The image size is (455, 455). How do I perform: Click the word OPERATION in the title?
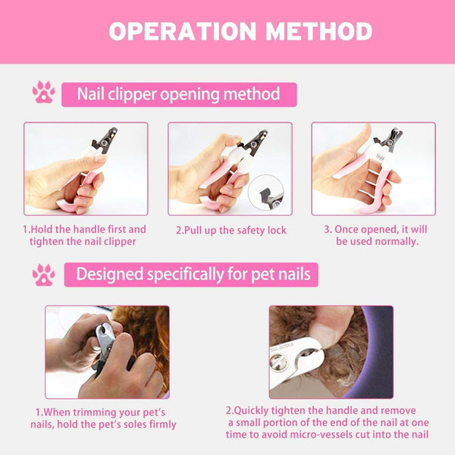[x=175, y=31]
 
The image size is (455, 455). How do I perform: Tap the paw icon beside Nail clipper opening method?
[x=43, y=93]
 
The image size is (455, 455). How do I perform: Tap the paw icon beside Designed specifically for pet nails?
[x=43, y=275]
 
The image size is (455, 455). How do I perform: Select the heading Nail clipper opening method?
[x=178, y=94]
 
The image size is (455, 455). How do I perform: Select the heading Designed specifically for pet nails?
[x=193, y=275]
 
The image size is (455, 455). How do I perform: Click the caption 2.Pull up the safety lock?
[x=231, y=230]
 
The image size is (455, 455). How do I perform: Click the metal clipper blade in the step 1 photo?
[x=105, y=140]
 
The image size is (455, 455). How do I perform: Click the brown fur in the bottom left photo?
[x=144, y=326]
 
